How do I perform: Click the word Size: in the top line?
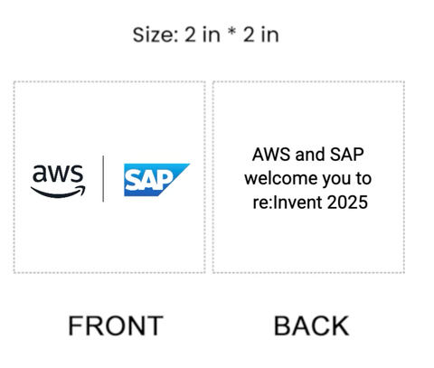tap(155, 35)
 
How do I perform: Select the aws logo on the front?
tap(58, 179)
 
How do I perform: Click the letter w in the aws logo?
tap(58, 174)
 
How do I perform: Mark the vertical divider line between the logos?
tap(103, 179)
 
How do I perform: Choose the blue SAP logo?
tap(156, 180)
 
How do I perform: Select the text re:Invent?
tap(288, 203)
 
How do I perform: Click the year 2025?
tap(348, 203)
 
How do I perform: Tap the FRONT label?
tap(115, 326)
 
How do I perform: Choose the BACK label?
tap(311, 326)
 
